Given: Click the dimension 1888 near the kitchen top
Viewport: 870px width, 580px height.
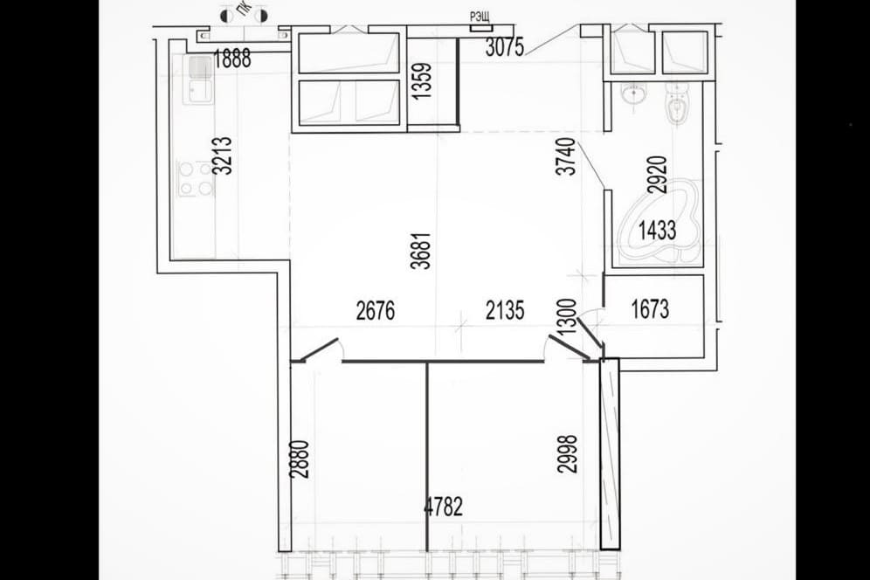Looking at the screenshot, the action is pyautogui.click(x=232, y=59).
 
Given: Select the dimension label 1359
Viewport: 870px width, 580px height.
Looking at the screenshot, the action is pyautogui.click(x=422, y=81).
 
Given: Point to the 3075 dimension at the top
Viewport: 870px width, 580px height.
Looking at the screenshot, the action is pyautogui.click(x=504, y=48).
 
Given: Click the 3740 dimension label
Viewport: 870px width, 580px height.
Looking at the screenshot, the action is pyautogui.click(x=566, y=157).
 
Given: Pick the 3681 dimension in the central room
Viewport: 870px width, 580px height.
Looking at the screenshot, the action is pyautogui.click(x=421, y=251).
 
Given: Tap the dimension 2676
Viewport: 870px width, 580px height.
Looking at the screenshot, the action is pyautogui.click(x=376, y=311).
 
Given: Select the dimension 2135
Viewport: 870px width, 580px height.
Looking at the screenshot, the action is pyautogui.click(x=505, y=311).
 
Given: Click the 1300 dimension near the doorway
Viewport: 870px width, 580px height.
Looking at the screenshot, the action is pyautogui.click(x=567, y=317).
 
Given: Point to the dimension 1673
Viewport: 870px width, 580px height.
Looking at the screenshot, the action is pyautogui.click(x=650, y=309).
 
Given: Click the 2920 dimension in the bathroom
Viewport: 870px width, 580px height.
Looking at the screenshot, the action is pyautogui.click(x=657, y=175).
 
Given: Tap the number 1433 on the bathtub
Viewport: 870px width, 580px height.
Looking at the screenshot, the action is pyautogui.click(x=657, y=230).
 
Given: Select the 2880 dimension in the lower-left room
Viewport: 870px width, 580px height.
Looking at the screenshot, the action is pyautogui.click(x=300, y=459).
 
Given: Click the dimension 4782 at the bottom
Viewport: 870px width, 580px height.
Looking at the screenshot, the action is pyautogui.click(x=443, y=507).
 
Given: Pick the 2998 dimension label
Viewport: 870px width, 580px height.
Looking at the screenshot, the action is pyautogui.click(x=567, y=453).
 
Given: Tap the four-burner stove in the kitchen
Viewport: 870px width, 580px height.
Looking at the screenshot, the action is pyautogui.click(x=196, y=178).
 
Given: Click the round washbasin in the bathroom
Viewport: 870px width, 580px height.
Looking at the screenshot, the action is pyautogui.click(x=632, y=94).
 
